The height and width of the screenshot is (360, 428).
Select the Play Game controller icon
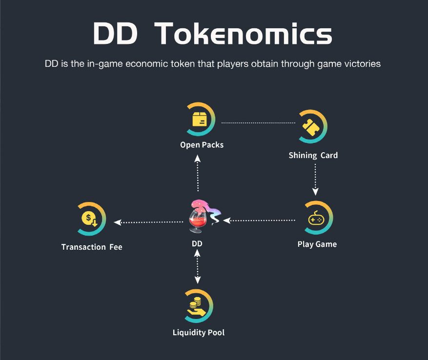coord(316,219)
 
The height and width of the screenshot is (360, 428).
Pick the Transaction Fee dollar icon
coord(90,219)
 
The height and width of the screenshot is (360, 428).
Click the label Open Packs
coord(202,145)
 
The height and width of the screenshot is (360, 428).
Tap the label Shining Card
coord(313,156)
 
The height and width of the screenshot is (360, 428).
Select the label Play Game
coord(317,244)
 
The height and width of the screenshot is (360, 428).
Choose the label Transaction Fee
coord(92,247)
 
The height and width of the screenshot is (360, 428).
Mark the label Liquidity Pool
coord(199,333)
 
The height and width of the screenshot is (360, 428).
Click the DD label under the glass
coord(197,243)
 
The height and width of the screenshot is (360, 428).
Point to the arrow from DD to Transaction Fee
coord(148,222)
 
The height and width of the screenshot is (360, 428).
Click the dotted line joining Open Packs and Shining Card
coord(258,123)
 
